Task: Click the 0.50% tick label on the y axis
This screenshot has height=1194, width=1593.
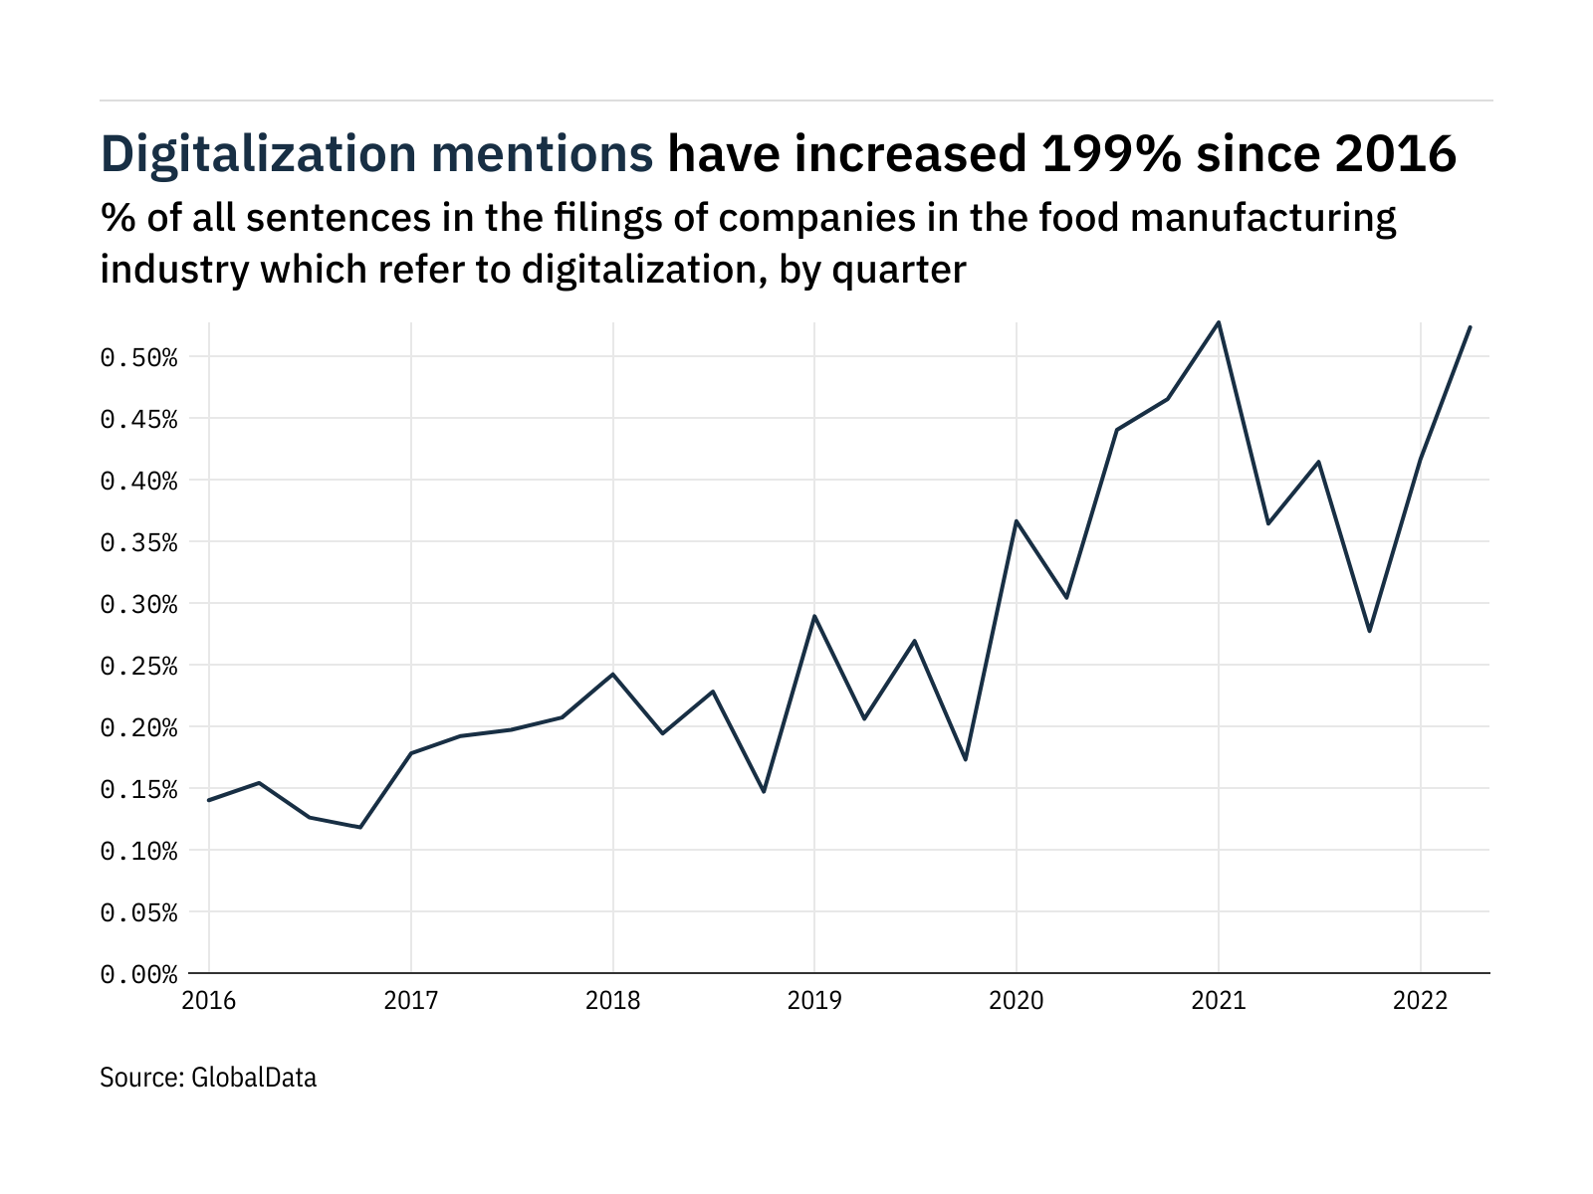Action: (138, 357)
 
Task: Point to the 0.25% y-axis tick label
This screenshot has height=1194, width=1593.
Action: (138, 666)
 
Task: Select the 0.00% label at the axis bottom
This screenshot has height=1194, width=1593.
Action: (138, 974)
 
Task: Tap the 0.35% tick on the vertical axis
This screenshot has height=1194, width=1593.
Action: (138, 542)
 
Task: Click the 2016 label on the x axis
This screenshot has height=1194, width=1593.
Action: (209, 1001)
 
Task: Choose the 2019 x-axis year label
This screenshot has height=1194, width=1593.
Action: (814, 1001)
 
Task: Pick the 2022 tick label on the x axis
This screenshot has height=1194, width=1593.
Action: (1420, 1001)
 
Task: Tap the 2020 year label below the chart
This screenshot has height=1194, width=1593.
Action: (1017, 1001)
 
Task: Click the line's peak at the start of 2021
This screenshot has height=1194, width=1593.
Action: (1219, 322)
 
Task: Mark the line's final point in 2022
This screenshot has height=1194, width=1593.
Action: (1471, 327)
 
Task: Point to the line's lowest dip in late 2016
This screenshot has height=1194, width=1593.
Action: (360, 827)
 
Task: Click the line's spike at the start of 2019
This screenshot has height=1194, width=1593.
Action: (814, 616)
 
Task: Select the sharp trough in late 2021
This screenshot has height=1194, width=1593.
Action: (1370, 631)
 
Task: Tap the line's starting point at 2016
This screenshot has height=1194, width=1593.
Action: (209, 800)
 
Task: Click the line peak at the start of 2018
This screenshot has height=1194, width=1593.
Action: (613, 674)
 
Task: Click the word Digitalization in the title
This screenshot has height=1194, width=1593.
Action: (259, 155)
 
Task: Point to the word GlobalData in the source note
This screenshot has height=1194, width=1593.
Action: (254, 1078)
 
